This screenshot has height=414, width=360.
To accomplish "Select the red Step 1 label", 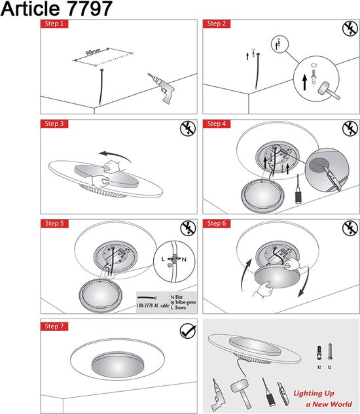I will pos(55,24).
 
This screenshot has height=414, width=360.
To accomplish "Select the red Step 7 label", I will pos(55,324).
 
